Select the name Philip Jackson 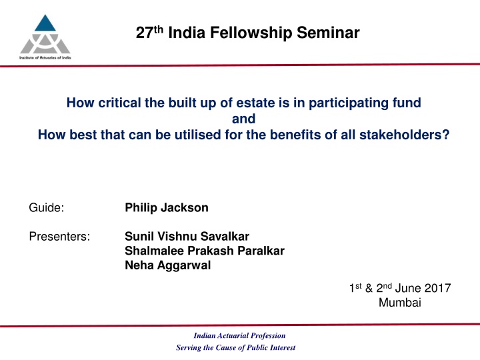tap(166, 208)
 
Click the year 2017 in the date tap(437, 288)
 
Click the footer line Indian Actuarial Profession tap(239, 335)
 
